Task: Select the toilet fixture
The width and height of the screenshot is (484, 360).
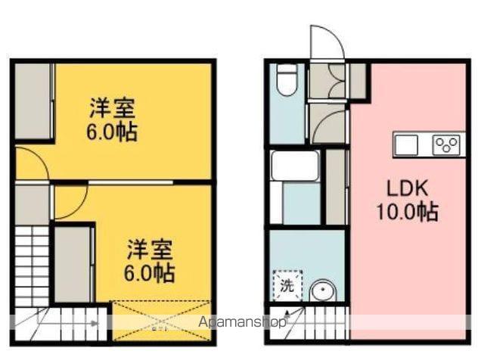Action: click(287, 81)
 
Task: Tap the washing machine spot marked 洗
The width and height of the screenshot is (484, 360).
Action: click(287, 287)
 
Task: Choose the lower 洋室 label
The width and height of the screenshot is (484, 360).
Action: click(148, 249)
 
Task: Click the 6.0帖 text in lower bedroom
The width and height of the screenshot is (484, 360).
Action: click(148, 272)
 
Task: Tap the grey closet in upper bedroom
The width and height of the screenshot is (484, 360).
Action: click(32, 102)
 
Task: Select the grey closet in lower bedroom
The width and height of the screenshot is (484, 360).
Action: click(73, 265)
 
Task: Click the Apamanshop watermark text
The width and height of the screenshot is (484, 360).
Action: click(241, 322)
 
